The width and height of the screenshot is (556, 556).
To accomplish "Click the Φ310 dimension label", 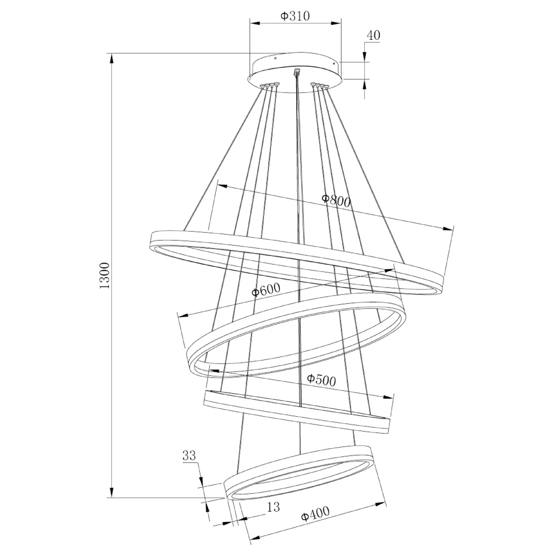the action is (x=295, y=16).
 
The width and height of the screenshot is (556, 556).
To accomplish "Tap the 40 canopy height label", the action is (x=373, y=35).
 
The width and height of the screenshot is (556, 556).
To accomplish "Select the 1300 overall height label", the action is (x=105, y=275).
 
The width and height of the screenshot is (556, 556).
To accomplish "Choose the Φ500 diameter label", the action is (x=321, y=380).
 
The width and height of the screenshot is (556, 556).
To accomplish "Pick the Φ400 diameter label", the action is (x=315, y=514).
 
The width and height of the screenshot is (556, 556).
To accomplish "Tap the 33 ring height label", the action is (x=189, y=455).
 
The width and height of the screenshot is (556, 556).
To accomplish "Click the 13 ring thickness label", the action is (x=273, y=507).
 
